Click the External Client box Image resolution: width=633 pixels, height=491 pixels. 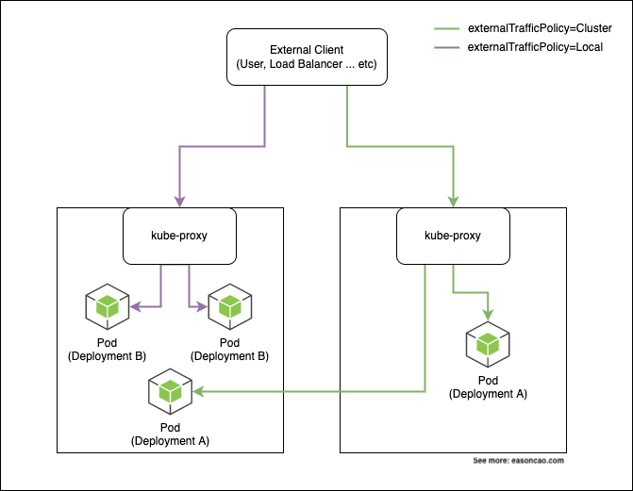coord(306,57)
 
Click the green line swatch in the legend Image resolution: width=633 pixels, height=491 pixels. coord(446,27)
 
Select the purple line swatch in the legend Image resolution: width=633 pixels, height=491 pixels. coord(446,46)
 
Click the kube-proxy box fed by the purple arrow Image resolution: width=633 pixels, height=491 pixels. coord(178,236)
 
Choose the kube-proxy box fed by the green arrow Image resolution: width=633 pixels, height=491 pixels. coord(454,236)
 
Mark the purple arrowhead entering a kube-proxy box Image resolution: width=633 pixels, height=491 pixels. coord(178,202)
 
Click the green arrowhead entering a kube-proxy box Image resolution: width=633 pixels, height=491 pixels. coord(454,201)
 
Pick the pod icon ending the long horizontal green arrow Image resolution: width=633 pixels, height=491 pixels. coord(171,391)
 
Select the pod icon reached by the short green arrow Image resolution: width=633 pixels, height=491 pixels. coord(488,346)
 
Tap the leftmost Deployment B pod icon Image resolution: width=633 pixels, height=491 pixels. coord(108,307)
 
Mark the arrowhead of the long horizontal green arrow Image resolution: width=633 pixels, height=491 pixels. coord(199,391)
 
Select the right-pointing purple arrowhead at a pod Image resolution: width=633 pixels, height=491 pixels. coord(203,307)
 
